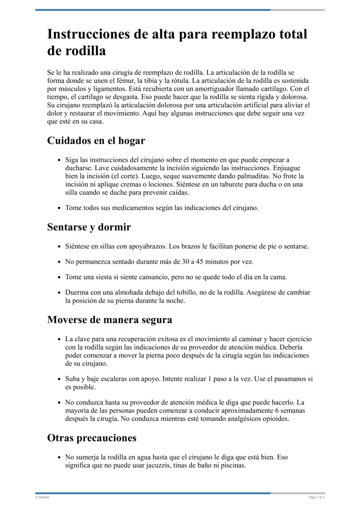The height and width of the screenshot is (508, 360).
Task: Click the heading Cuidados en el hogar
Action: coord(96,141)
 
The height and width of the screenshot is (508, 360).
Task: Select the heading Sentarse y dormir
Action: coord(89,227)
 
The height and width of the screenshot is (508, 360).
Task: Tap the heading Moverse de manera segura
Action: coord(109,320)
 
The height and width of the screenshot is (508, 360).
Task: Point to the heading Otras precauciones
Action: coord(92,437)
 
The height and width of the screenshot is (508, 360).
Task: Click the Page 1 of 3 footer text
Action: coord(316,497)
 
